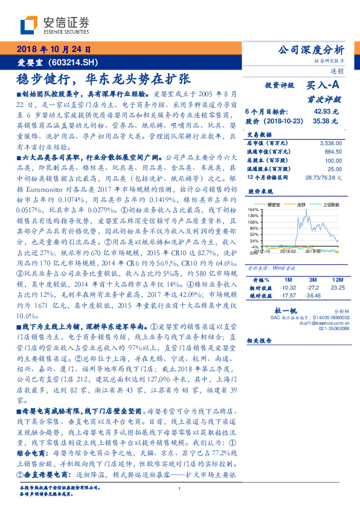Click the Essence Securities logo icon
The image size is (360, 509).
[x=28, y=25]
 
